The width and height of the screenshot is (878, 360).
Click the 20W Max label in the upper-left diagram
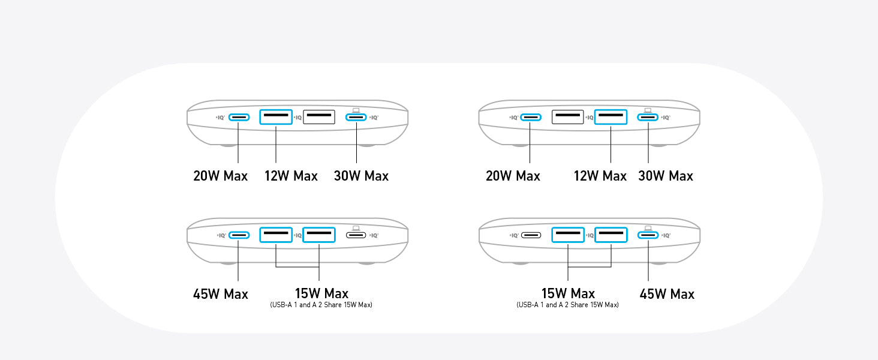click(x=220, y=176)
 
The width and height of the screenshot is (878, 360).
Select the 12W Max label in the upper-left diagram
click(x=291, y=176)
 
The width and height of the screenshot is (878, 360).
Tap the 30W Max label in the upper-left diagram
click(x=361, y=176)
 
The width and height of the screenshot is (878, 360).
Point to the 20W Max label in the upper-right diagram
click(x=513, y=176)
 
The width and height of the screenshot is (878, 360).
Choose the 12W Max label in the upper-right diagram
click(x=600, y=176)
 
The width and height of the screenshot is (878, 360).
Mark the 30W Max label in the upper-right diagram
click(x=666, y=176)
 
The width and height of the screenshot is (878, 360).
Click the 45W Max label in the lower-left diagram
click(x=220, y=294)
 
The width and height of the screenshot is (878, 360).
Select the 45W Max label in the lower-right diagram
click(x=667, y=294)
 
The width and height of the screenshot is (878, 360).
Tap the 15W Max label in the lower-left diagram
click(x=321, y=293)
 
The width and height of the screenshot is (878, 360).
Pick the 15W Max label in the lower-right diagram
click(x=568, y=293)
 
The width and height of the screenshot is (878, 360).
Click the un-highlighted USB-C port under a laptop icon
click(x=356, y=235)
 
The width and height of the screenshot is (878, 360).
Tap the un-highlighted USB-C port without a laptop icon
click(x=531, y=235)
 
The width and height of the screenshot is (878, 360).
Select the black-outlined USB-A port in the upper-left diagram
click(x=319, y=117)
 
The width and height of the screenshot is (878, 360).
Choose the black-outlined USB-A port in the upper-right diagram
click(x=567, y=117)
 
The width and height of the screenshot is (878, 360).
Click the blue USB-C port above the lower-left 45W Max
click(x=239, y=235)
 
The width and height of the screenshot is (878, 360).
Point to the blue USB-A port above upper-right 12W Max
click(x=611, y=117)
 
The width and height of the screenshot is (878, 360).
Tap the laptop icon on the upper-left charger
click(x=356, y=110)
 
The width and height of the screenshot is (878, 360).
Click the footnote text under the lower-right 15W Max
click(x=567, y=305)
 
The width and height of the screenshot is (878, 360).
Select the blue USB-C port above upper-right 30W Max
click(x=648, y=117)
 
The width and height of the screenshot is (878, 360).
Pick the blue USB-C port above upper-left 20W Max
click(x=239, y=117)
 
